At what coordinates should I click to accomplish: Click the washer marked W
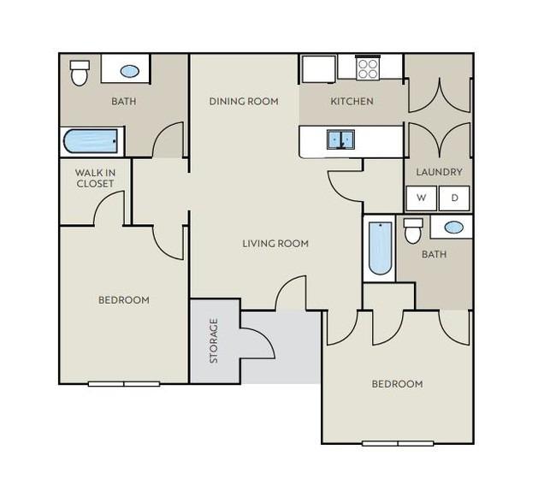421,198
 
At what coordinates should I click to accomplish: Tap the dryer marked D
454,198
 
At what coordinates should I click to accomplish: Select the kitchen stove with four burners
367,68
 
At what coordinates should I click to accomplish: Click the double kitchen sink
340,139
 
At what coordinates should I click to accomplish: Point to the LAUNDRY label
439,172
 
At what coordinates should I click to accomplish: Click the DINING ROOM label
244,102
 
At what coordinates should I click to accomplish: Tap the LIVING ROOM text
275,244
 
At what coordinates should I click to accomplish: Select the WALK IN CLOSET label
95,178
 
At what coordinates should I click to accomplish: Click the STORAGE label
214,340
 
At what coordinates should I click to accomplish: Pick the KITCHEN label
352,102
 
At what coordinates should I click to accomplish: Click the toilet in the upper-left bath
80,73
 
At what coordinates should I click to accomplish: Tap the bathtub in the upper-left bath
91,141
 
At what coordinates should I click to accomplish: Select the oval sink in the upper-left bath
129,72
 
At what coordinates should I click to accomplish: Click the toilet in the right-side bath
413,231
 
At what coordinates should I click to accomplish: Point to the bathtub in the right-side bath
380,248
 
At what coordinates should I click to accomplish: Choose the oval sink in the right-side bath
454,228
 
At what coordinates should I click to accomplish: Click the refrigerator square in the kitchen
318,68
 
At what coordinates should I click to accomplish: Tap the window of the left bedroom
124,384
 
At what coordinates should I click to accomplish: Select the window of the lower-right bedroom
398,444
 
